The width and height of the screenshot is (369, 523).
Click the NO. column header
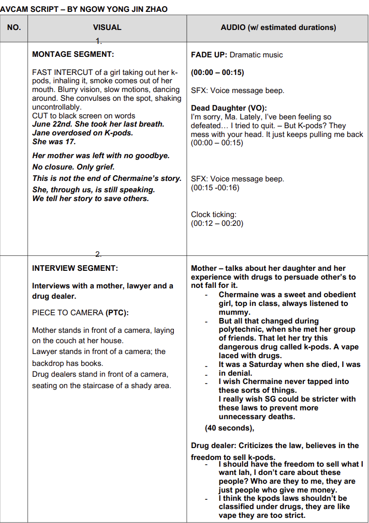[x=14, y=27]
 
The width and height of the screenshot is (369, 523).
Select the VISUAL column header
[x=107, y=27]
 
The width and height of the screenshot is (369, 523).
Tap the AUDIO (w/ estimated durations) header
[x=278, y=27]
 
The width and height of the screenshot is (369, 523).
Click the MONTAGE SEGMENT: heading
[x=73, y=54]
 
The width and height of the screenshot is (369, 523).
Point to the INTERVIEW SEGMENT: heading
[x=75, y=268]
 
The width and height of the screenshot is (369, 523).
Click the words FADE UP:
[x=209, y=55]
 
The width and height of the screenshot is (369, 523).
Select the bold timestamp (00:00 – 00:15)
[x=217, y=72]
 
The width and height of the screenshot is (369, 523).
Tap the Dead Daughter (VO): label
[x=229, y=108]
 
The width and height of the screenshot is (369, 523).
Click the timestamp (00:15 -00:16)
[x=215, y=188]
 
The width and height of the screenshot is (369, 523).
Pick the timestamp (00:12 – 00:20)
[x=217, y=223]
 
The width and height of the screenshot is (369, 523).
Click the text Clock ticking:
[x=214, y=214]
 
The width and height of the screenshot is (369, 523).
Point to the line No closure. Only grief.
[x=73, y=167]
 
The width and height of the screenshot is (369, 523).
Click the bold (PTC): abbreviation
[x=117, y=313]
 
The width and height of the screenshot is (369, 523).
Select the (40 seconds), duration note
[x=229, y=428]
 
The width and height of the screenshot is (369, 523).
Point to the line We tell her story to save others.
[x=91, y=198]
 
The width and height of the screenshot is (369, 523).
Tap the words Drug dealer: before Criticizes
[x=213, y=445]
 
